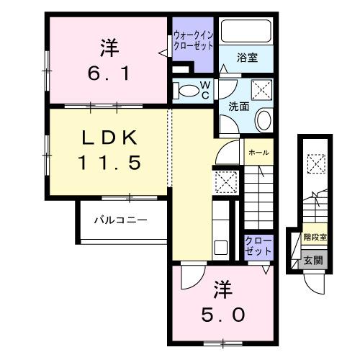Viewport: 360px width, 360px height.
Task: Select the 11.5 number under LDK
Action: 110,163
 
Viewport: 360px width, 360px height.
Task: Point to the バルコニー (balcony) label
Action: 121,220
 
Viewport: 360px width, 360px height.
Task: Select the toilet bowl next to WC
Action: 189,91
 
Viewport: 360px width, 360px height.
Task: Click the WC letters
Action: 204,91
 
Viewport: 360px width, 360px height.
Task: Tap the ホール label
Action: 258,153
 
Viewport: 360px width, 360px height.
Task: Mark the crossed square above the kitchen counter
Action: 226,183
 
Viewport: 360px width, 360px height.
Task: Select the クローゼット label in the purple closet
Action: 258,246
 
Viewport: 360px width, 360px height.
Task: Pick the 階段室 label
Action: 315,235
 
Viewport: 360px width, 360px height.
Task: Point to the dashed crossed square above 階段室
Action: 315,164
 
